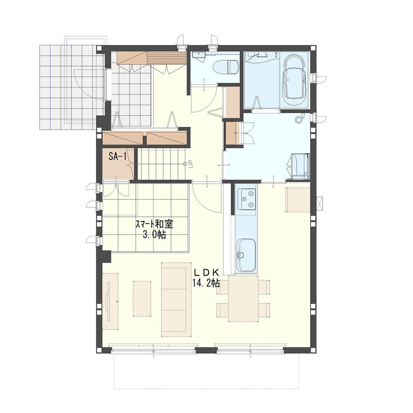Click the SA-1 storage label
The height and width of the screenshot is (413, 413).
coord(117,157)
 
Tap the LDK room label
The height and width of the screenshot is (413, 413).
coord(207,272)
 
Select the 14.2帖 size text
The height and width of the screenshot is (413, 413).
coord(206,283)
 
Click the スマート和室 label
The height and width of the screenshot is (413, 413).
coord(154,224)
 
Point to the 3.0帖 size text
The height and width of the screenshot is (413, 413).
coord(154,235)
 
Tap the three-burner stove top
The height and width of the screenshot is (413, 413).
coord(247,199)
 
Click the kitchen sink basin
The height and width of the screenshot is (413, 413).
coord(246,256)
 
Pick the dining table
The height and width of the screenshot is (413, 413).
coord(243,299)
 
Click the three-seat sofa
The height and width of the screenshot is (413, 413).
coord(176,299)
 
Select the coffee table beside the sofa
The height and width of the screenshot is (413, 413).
coord(142,299)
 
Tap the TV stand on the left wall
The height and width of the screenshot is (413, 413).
coord(110,301)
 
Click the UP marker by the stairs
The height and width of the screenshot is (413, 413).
coord(190,165)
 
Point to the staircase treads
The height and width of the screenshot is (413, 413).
coord(161,164)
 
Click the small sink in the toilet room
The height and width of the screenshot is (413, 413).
coord(198,55)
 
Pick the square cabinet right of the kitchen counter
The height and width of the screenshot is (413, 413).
coord(298,199)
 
